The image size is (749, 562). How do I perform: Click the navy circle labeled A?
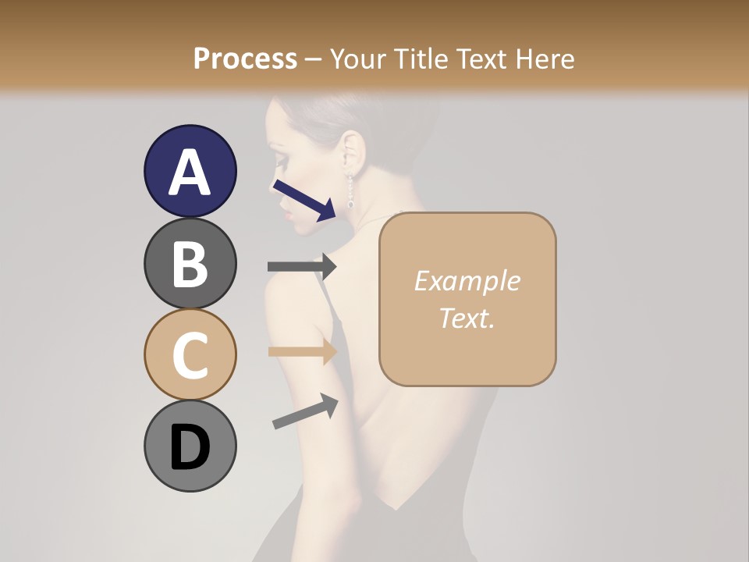click(190, 171)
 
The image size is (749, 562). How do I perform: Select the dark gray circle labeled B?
click(190, 263)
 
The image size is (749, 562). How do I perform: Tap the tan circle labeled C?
click(190, 354)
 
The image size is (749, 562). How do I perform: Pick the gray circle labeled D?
click(190, 446)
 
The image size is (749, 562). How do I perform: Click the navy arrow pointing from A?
click(304, 197)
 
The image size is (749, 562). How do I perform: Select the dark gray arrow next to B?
click(301, 266)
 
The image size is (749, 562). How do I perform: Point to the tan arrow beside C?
click(301, 351)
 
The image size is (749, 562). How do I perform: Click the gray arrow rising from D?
click(305, 411)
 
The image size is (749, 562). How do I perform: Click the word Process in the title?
click(245, 59)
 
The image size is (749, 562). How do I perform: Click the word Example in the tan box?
click(467, 281)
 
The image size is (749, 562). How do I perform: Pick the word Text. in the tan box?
click(467, 318)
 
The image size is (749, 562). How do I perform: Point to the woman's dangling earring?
click(350, 190)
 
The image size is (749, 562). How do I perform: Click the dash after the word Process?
click(314, 60)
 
